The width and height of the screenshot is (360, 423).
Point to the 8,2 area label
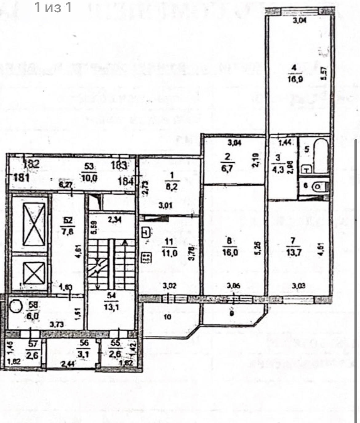[171, 187]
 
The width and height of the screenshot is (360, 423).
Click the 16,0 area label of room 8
[229, 253]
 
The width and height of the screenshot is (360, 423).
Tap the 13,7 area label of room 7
[294, 252]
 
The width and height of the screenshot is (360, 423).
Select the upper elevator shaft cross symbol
[34, 224]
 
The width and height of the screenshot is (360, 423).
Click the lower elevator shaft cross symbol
[34, 273]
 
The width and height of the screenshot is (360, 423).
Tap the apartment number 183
[119, 166]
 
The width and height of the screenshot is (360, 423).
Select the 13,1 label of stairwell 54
[112, 307]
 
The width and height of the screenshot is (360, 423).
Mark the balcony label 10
[167, 317]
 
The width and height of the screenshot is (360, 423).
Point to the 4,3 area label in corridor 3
[278, 169]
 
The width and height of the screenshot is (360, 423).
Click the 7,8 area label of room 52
[67, 231]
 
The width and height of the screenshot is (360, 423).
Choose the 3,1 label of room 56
[83, 354]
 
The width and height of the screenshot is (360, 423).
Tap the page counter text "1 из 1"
[53, 7]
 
